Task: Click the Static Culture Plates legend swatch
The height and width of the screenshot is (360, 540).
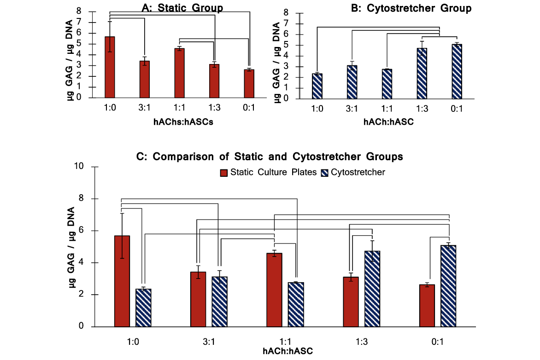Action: click(x=224, y=173)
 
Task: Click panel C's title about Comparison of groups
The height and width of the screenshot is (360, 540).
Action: click(x=270, y=157)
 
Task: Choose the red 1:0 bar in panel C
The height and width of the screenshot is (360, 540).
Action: click(x=122, y=281)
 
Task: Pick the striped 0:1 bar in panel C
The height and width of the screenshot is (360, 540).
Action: click(x=448, y=286)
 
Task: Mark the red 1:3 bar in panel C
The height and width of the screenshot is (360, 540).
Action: click(x=351, y=302)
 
